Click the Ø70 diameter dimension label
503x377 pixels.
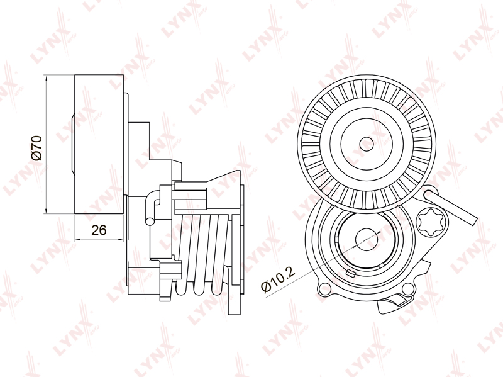(x=37, y=148)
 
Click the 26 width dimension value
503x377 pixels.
(x=99, y=230)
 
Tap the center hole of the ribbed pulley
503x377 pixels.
(x=367, y=144)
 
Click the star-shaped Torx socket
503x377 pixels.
(x=430, y=222)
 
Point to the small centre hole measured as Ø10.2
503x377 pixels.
(x=367, y=239)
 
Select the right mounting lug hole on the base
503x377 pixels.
(x=407, y=288)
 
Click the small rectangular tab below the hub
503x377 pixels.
(x=351, y=273)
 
